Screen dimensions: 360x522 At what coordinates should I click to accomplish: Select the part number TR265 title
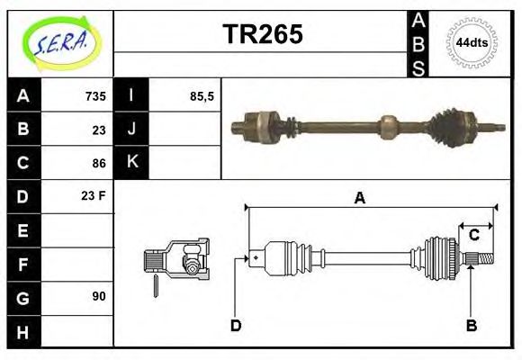pos(262,35)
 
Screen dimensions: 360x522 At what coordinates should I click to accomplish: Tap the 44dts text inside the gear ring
pos(472,42)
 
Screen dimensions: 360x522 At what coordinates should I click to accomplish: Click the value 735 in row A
pos(95,96)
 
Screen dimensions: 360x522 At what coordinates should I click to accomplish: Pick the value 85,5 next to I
pos(202,96)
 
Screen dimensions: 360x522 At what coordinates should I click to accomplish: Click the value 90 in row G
pos(98,296)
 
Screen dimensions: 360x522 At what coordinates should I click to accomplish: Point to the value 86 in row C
pos(99,163)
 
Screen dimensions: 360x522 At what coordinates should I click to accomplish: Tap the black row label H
pos(22,331)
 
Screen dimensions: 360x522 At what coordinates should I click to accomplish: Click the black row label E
pos(22,230)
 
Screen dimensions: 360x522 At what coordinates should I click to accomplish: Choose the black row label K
pos(131,163)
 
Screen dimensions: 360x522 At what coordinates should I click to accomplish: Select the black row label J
pos(131,130)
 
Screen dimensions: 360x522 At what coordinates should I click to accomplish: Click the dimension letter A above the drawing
pos(359,199)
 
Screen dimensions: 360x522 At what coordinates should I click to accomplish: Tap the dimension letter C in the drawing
pos(473,235)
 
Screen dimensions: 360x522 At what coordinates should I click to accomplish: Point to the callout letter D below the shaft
pos(236,325)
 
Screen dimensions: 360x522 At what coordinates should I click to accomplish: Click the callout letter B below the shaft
pos(471,325)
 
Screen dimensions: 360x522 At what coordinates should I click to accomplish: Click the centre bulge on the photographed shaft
pos(388,126)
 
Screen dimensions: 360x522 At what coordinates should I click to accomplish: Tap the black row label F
pos(22,264)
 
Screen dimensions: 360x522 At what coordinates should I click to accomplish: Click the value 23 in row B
pos(99,130)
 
